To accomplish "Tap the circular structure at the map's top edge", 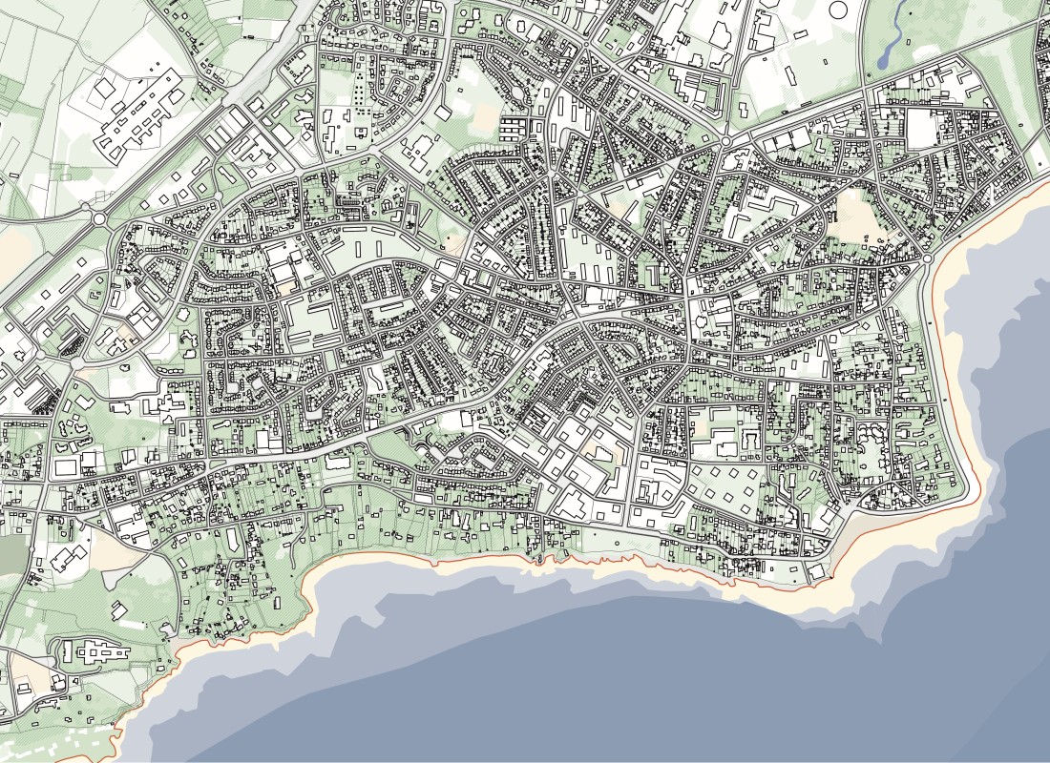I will pos(840,10).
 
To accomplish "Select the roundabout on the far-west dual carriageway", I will pos(99,218).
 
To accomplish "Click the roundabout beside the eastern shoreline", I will pos(927,258).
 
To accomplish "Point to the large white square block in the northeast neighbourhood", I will pos(922,129).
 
